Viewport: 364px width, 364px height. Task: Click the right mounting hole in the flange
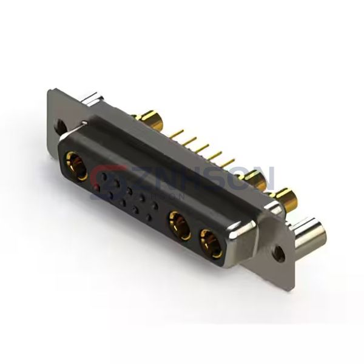(280, 249)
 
